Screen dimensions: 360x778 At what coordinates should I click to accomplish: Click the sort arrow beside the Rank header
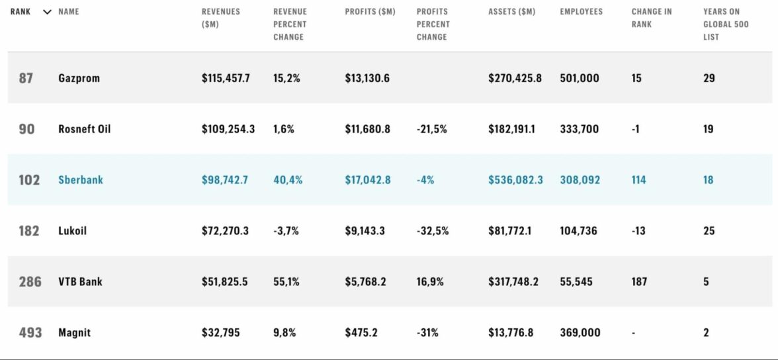47,12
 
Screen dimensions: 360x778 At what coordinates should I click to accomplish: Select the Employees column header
581,12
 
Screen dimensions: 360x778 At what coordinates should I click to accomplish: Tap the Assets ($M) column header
511,12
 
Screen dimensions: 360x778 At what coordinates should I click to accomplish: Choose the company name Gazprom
79,78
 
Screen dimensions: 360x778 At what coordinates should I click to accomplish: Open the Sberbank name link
81,180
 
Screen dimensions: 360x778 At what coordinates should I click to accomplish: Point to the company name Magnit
74,333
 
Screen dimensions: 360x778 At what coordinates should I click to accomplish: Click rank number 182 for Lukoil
29,231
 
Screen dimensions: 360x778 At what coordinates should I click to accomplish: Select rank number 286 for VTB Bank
30,282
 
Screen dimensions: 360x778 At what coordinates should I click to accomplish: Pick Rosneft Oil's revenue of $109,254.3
228,129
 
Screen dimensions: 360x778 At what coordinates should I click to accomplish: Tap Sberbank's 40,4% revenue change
287,180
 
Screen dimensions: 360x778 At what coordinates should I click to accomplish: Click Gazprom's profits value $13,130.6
367,78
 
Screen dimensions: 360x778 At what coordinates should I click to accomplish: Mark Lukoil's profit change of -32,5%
432,231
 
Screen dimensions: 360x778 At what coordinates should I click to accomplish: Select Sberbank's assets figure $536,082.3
515,180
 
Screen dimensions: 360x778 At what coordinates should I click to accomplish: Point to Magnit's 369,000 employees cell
580,333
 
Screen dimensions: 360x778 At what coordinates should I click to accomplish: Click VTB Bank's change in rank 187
639,282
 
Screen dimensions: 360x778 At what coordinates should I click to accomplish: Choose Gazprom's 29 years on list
709,78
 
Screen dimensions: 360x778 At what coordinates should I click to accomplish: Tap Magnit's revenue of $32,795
221,333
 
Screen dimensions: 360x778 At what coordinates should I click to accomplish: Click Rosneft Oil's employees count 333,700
579,129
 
